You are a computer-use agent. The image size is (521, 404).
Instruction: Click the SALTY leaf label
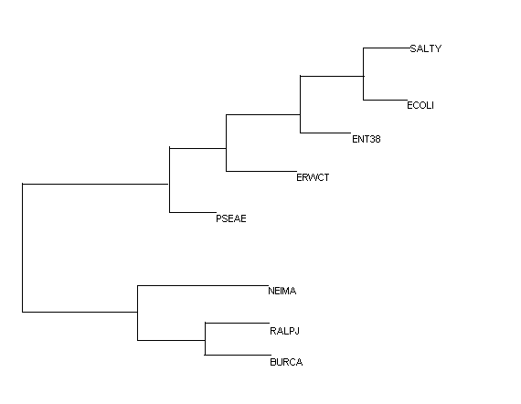426,48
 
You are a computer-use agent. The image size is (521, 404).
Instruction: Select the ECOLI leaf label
420,105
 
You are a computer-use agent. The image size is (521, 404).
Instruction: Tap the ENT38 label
367,139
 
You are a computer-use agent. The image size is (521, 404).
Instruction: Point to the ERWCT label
313,177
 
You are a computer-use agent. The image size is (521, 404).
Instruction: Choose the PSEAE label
231,218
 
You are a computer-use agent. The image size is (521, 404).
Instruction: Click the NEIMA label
282,291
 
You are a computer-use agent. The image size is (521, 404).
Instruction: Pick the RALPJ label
285,331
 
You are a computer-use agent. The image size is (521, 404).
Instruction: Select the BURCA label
286,362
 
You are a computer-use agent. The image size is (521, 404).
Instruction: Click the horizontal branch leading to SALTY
387,48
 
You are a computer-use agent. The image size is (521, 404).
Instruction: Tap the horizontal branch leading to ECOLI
385,100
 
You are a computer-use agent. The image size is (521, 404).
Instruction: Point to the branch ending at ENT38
325,133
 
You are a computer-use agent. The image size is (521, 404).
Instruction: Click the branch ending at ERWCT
261,171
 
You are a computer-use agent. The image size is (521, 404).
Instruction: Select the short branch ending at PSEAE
193,212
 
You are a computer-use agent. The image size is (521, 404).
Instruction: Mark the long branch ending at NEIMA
203,285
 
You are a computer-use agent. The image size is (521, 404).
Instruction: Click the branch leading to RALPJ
238,323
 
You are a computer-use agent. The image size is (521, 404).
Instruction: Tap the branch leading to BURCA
238,355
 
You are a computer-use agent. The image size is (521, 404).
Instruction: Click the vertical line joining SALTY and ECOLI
363,74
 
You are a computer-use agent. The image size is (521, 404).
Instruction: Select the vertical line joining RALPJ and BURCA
205,339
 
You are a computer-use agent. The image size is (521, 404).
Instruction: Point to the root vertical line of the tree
23,248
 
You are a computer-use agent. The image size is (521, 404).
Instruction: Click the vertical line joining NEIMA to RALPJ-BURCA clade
137,313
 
